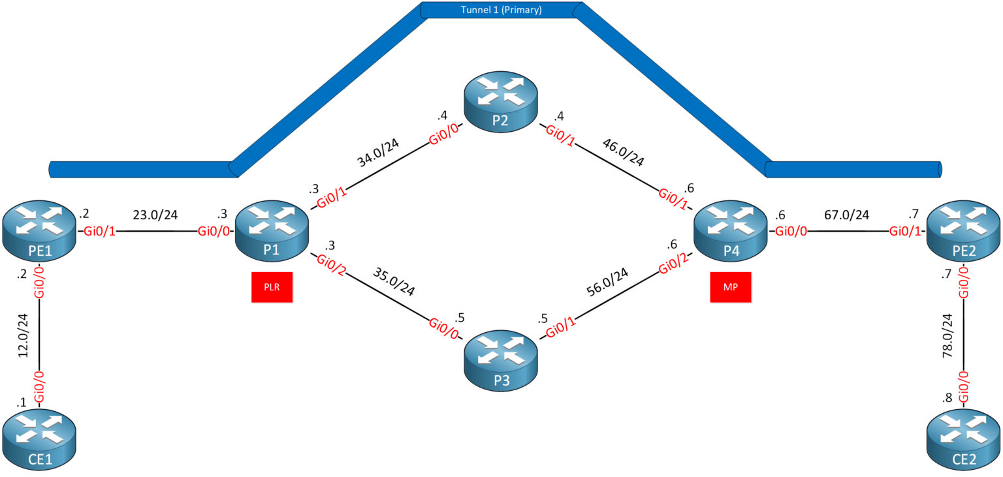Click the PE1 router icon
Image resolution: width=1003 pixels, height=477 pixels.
point(39,232)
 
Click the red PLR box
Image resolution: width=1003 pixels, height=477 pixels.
point(272,288)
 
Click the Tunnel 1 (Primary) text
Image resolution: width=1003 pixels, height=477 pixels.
point(501,10)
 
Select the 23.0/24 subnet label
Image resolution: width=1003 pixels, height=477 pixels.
point(156,214)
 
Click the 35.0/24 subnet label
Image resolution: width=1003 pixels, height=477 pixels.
point(394,281)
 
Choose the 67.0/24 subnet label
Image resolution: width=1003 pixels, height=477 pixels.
point(848,215)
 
